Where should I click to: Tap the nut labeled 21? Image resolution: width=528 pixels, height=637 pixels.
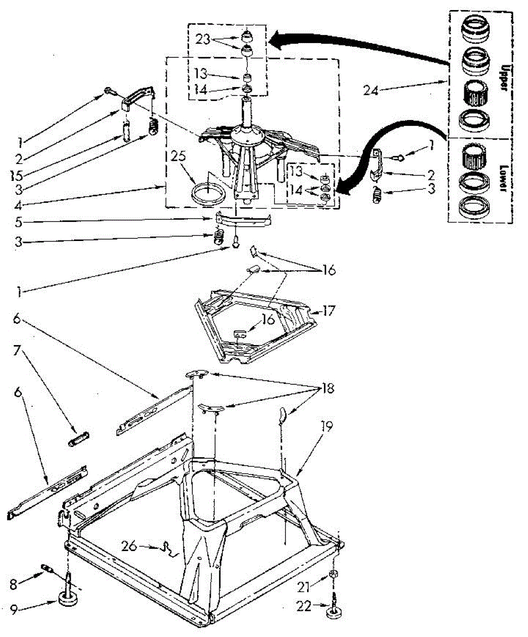334,574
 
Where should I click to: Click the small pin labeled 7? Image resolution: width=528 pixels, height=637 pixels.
79,440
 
